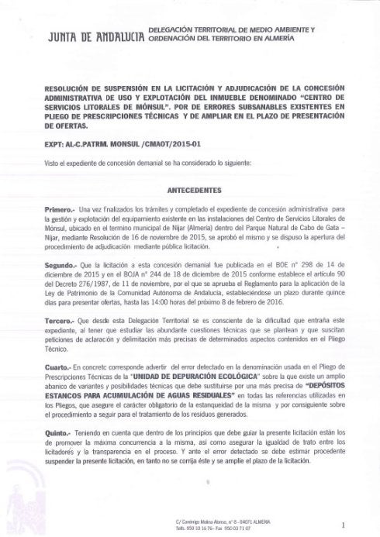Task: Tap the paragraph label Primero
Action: pyautogui.click(x=64, y=209)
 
